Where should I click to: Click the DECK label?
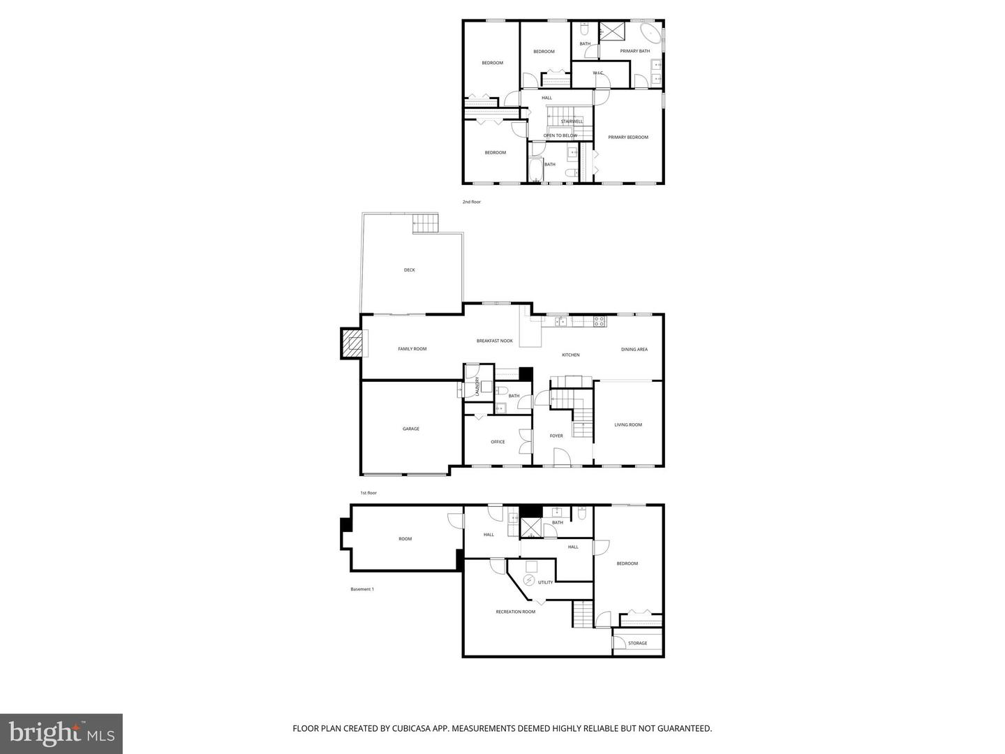coord(409,270)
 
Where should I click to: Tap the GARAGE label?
coord(410,429)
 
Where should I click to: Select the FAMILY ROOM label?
coord(412,349)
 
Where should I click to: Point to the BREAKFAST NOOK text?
coord(494,341)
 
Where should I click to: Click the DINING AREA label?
coord(634,349)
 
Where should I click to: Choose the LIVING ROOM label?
coord(628,424)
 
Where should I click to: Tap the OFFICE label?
coord(498,442)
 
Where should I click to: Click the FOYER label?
coord(556,436)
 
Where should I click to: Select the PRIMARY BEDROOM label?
coord(628,138)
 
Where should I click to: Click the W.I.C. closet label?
coord(598,73)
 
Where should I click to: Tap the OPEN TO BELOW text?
coord(560,135)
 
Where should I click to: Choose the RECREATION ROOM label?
coord(516,612)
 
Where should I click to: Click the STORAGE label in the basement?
coord(637,643)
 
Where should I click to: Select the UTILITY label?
coord(545,582)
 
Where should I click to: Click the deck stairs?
coord(426,224)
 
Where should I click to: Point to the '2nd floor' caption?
coord(472,202)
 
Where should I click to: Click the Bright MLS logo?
coord(61,733)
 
